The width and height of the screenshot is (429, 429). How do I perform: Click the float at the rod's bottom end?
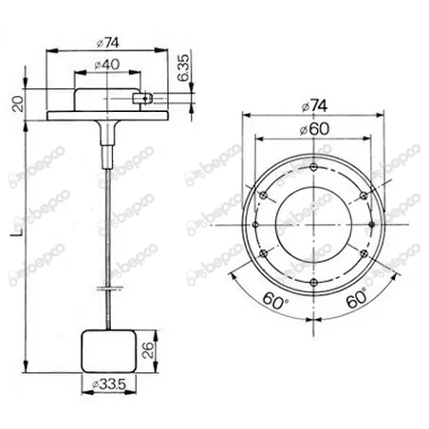pyautogui.click(x=110, y=349)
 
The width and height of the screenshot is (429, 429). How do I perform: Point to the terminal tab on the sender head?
pyautogui.click(x=142, y=95)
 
